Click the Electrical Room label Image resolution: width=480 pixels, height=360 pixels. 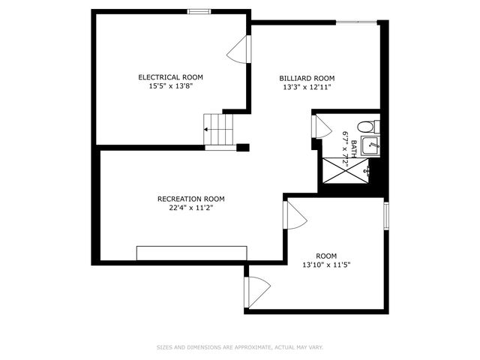[x=170, y=76]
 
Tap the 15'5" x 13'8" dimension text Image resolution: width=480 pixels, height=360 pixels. [x=170, y=86]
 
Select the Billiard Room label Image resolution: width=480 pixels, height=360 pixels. [x=307, y=78]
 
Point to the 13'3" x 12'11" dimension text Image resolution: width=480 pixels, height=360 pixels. [x=307, y=87]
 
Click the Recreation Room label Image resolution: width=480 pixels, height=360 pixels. [x=190, y=199]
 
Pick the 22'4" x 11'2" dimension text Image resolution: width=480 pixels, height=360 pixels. [x=190, y=208]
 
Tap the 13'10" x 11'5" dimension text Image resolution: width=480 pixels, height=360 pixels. [x=326, y=265]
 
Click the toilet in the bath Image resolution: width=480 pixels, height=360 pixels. [x=368, y=126]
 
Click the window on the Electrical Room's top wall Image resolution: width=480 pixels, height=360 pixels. [x=198, y=11]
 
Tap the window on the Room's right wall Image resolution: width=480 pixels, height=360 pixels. [x=385, y=214]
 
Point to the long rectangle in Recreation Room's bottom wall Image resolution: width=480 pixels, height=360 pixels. [x=192, y=253]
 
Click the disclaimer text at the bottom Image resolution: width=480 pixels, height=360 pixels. [x=240, y=347]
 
